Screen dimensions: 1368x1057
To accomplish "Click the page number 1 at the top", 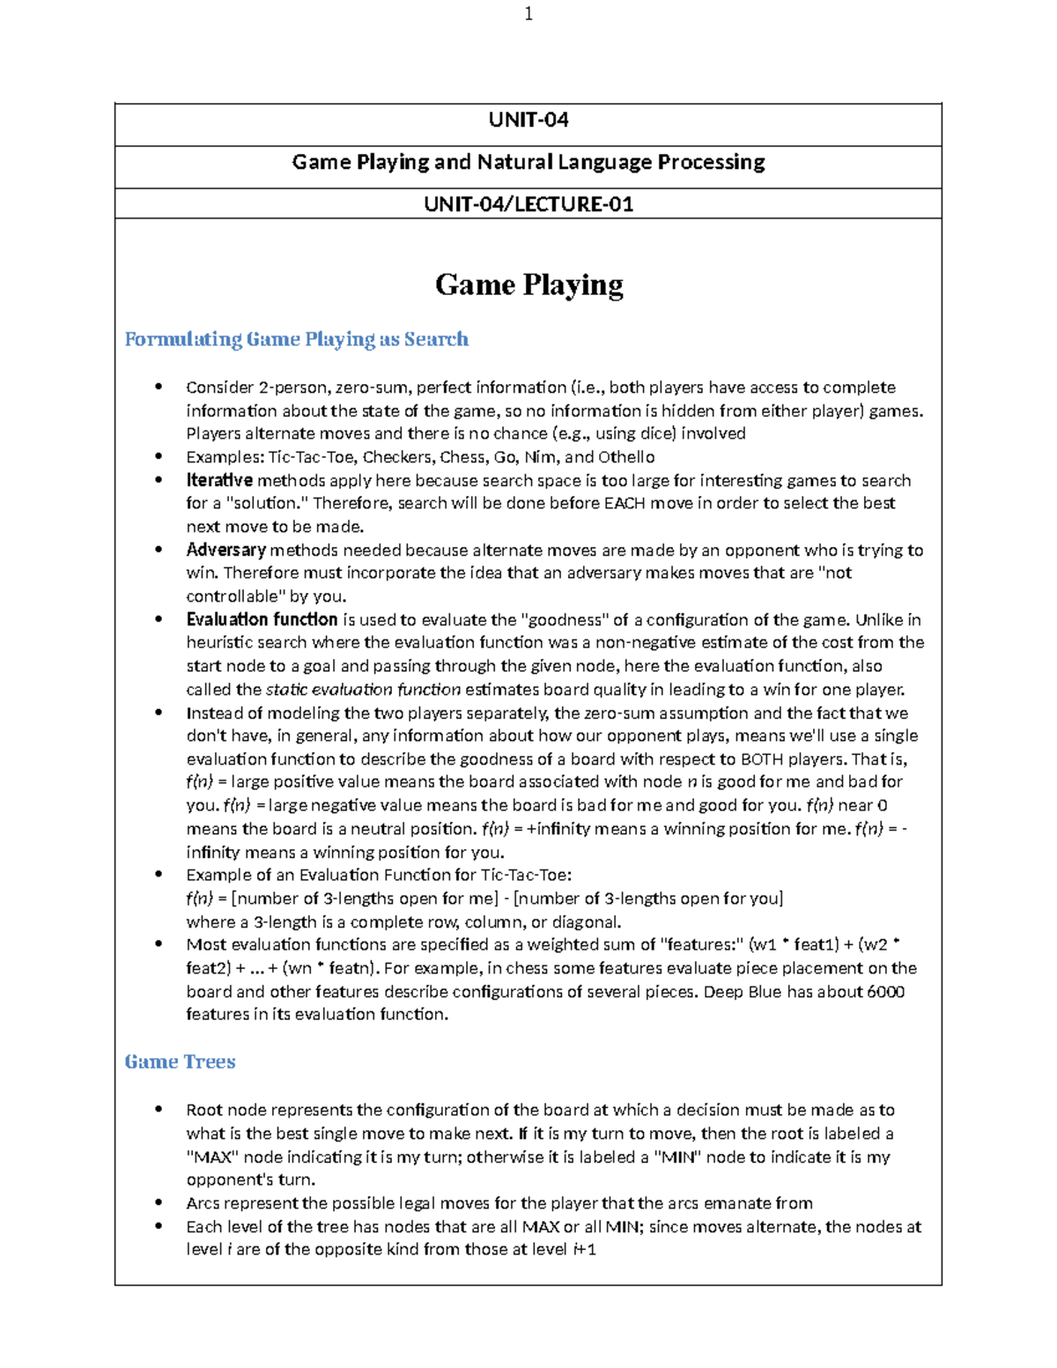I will pos(528,14).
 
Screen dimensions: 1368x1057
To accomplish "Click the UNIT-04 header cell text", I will pos(528,120).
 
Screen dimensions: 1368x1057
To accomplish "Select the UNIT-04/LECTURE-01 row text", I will pos(528,204).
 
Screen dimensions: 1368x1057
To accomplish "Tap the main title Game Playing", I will pos(528,285).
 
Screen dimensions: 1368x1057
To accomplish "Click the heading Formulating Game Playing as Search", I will pos(296,339).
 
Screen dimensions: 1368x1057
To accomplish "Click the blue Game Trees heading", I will pos(180,1061).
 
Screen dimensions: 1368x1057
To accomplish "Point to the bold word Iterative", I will pos(219,480).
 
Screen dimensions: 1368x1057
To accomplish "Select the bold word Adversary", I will pos(225,550).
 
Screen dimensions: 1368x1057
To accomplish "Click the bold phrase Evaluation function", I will pos(262,619).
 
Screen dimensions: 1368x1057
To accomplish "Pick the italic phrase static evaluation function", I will pos(363,689).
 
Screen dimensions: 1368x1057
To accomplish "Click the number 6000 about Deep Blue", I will pos(885,991).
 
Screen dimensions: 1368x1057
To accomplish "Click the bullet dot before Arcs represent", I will pos(159,1202).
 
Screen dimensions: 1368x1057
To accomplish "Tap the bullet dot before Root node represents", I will pos(159,1109).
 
